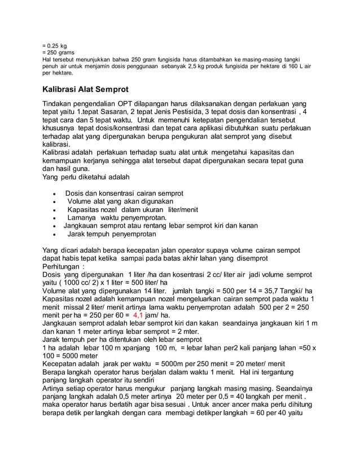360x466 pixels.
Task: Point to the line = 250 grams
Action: click(x=59, y=52)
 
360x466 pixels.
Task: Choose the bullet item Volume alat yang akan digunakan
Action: click(x=120, y=201)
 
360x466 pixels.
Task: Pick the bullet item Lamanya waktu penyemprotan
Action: click(x=117, y=218)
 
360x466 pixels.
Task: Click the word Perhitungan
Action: click(x=62, y=266)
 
